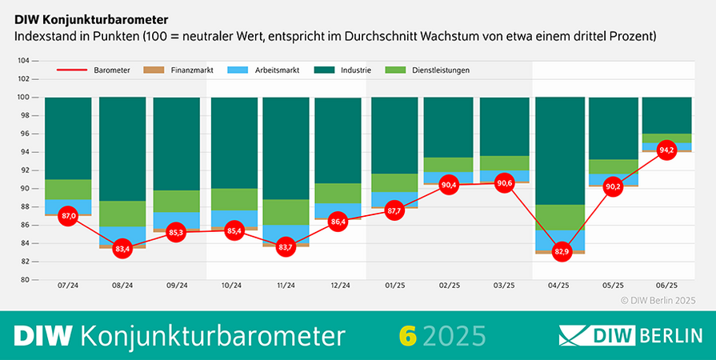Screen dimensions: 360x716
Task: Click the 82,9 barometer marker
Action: (x=559, y=252)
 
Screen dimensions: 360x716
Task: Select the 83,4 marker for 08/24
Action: (x=122, y=248)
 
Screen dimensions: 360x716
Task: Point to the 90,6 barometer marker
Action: (x=505, y=182)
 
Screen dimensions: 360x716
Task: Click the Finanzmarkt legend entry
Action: (x=186, y=70)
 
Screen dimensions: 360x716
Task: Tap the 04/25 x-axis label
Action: (x=559, y=286)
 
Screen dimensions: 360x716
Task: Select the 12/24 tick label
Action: (x=340, y=286)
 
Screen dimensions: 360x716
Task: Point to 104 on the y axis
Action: (x=23, y=61)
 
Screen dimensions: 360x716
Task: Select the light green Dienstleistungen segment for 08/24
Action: (x=122, y=214)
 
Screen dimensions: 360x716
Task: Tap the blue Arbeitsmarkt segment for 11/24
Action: (x=285, y=234)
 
